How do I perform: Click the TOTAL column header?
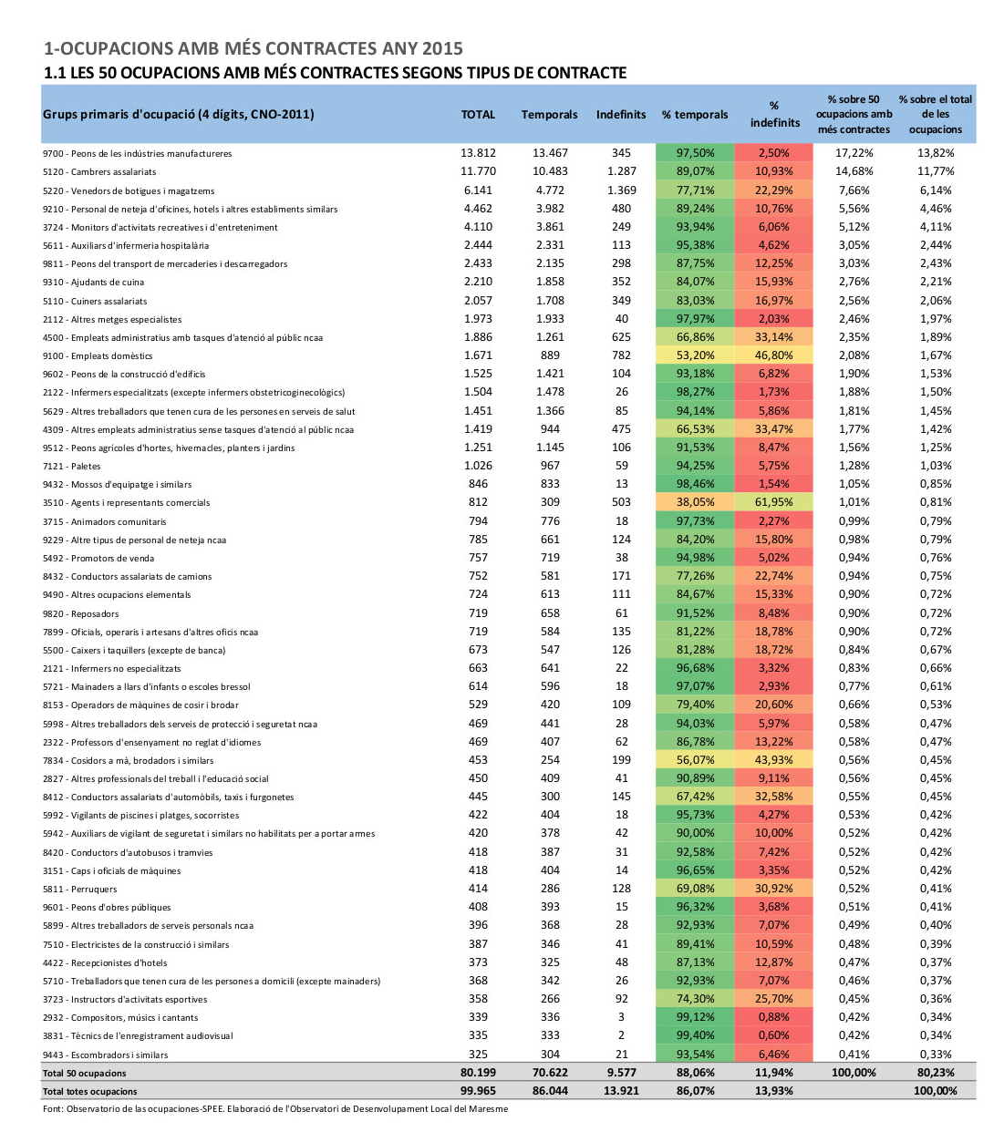[478, 115]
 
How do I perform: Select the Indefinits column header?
[621, 115]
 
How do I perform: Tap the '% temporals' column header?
[695, 115]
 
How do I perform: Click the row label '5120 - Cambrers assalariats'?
[99, 172]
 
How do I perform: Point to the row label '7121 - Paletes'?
[71, 466]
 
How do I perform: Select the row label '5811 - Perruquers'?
[80, 889]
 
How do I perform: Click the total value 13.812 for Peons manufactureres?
[478, 152]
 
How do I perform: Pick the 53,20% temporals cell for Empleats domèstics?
[695, 355]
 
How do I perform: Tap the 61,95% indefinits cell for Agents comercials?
[773, 502]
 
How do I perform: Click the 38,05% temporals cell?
[695, 502]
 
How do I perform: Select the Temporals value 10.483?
[550, 171]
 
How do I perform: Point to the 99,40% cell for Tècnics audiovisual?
[695, 1035]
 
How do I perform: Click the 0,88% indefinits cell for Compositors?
[773, 1017]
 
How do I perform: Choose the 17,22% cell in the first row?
[854, 152]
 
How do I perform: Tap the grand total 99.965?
[478, 1091]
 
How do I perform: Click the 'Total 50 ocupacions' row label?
[85, 1074]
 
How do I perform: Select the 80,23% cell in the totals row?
[936, 1072]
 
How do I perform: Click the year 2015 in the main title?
[442, 48]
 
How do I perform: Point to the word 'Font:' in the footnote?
[53, 1109]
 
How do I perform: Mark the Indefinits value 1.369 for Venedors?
[621, 190]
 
